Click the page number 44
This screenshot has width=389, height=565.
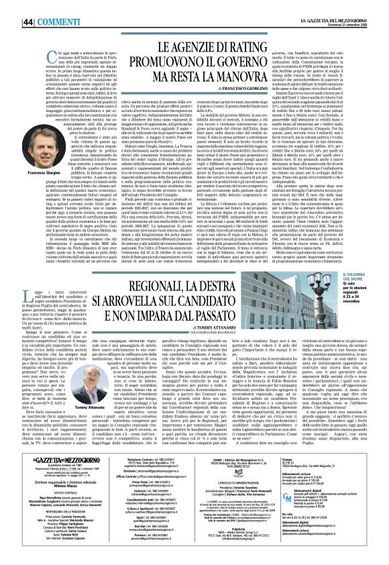[12, 5]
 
